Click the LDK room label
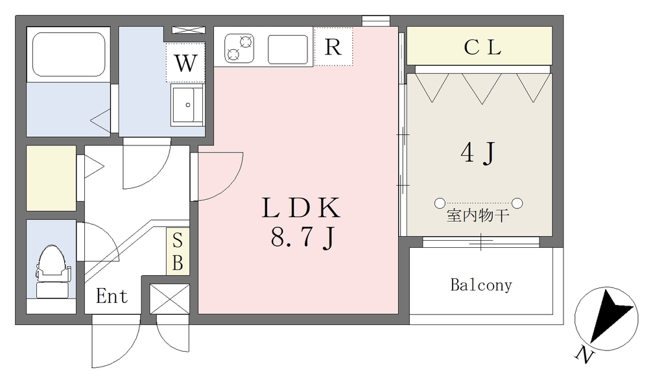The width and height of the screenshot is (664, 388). (301, 208)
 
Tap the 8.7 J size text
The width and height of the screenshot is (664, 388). (303, 239)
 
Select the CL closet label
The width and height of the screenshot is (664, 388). (482, 47)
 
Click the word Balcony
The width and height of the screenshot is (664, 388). (481, 285)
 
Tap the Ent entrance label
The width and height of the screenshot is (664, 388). (112, 296)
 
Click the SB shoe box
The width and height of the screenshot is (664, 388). (178, 252)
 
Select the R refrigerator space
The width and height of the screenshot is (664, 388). (333, 47)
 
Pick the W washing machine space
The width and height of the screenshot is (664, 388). (185, 62)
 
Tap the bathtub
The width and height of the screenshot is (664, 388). (69, 54)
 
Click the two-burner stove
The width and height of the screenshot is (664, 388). (239, 48)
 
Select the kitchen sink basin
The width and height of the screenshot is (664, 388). (288, 49)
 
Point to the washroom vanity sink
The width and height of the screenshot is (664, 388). (187, 104)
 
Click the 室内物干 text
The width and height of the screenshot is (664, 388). (477, 216)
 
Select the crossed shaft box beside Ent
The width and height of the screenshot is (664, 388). (169, 299)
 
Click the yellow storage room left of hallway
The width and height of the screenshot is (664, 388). (51, 178)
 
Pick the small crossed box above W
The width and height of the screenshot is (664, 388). (189, 30)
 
